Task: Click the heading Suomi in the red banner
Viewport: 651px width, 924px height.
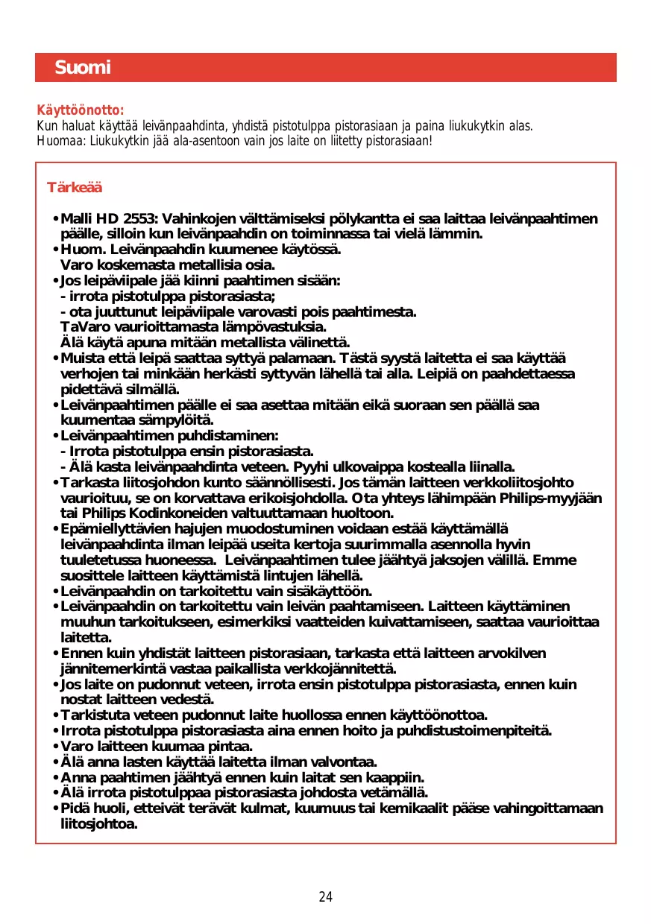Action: coord(82,68)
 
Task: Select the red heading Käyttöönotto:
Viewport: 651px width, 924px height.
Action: coord(81,111)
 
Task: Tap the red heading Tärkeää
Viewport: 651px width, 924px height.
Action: coord(75,187)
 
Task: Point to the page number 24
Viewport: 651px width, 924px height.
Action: coord(325,896)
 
